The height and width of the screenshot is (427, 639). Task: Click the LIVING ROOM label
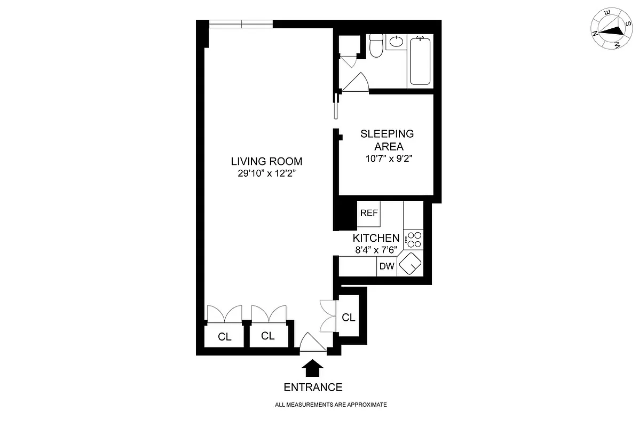(266, 161)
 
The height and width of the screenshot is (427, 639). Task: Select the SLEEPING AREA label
(387, 140)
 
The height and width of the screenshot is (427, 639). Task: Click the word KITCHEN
(376, 238)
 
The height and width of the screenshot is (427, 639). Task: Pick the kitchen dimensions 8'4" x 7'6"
(376, 249)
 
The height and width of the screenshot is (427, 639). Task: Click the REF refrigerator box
(369, 213)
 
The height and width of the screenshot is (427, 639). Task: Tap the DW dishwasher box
(386, 266)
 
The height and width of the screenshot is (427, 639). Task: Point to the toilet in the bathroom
(376, 46)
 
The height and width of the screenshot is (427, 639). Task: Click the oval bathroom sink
(396, 42)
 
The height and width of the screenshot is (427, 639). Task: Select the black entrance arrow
(313, 369)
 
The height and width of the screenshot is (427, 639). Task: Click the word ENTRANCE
(313, 388)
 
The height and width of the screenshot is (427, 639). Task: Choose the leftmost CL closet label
(224, 336)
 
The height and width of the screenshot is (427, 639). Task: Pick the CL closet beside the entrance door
(348, 318)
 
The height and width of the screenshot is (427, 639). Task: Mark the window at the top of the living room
(241, 24)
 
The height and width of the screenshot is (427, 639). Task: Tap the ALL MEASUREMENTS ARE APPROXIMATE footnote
(330, 405)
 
